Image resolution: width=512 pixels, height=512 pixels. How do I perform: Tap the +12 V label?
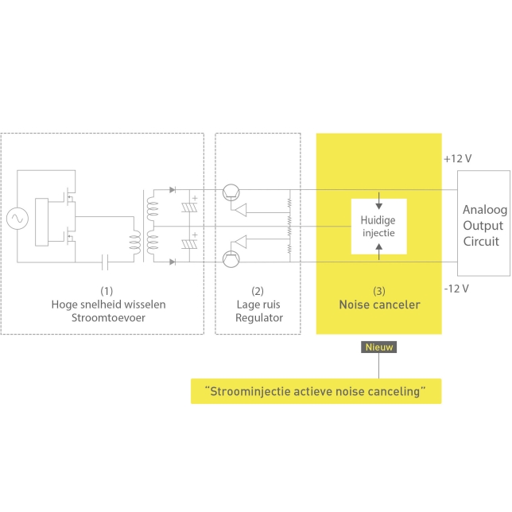(457, 159)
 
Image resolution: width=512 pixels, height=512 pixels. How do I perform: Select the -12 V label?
(456, 288)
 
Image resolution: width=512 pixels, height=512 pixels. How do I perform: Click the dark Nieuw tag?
(379, 347)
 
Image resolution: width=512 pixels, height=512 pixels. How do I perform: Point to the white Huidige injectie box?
(378, 227)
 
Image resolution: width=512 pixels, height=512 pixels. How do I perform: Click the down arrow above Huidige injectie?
(378, 196)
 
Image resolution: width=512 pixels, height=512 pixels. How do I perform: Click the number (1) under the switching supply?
(101, 291)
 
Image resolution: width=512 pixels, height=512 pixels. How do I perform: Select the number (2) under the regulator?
(257, 291)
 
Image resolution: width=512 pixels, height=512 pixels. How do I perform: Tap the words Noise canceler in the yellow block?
(378, 304)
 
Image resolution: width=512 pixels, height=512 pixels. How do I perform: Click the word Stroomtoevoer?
(101, 319)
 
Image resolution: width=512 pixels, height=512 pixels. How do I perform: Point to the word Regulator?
(257, 319)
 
